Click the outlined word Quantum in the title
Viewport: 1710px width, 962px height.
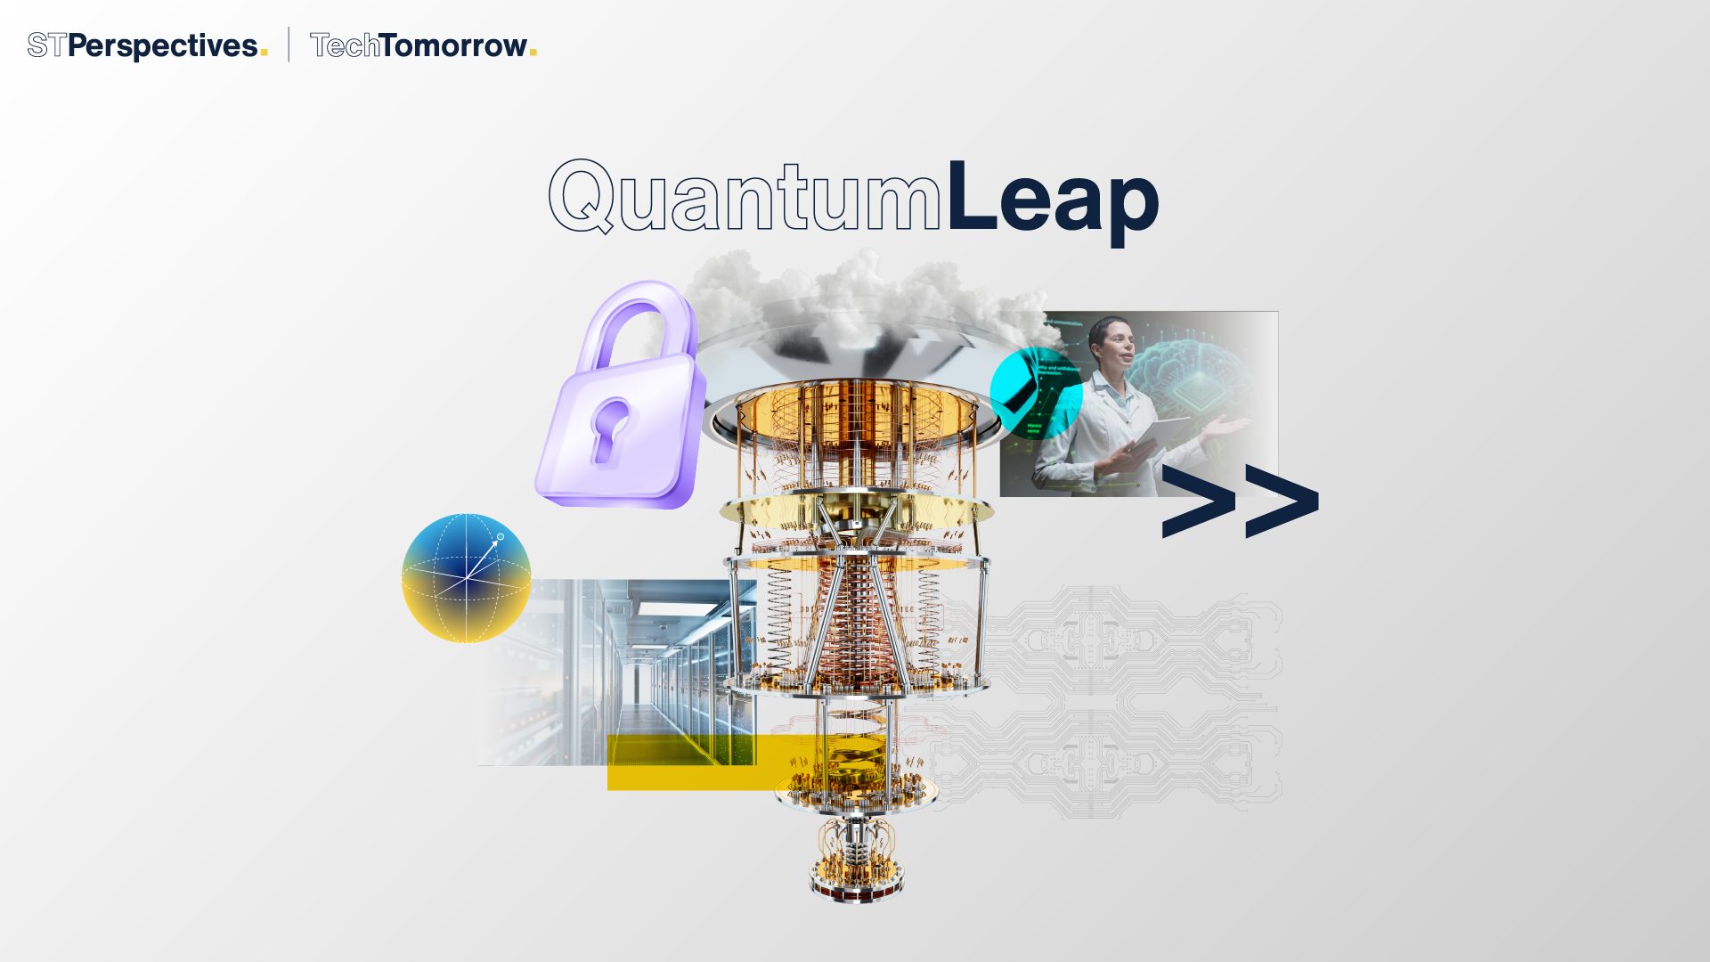[745, 198]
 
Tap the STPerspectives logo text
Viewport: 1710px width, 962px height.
[142, 45]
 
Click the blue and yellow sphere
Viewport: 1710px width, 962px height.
[466, 578]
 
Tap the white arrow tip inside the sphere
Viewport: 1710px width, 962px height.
[500, 537]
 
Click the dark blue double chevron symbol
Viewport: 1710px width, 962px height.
[1240, 501]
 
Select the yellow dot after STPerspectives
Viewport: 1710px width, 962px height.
[264, 53]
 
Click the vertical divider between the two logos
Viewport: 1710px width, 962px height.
[289, 45]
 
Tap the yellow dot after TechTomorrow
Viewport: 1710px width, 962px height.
[533, 53]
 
